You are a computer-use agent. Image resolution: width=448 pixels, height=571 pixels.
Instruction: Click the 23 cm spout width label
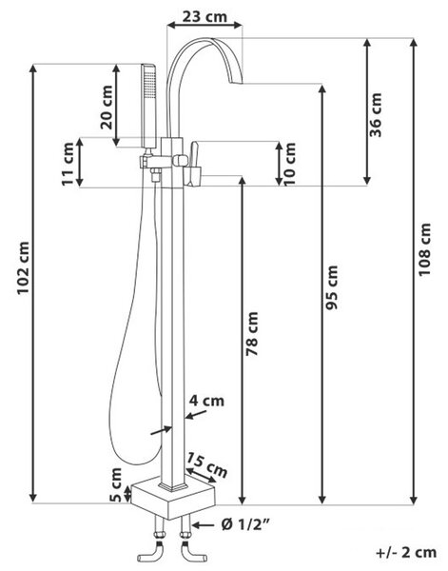pos(205,16)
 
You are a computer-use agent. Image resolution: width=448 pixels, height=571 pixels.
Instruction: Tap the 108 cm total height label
pos(424,249)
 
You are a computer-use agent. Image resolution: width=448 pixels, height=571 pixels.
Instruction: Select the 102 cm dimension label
pos(23,267)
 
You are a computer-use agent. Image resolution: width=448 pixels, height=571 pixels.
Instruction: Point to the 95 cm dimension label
pos(332,287)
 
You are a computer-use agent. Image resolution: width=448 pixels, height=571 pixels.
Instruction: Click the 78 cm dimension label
pos(252,334)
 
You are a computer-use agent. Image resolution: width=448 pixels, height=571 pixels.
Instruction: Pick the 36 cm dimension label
pos(376,115)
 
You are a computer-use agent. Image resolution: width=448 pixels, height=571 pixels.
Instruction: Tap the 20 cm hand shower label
pos(107,107)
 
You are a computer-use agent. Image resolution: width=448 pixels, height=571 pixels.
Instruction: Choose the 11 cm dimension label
pos(68,165)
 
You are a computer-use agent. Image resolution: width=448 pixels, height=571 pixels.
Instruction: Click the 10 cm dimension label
pos(290,165)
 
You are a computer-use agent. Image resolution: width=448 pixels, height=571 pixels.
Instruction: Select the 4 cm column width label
pos(206,401)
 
